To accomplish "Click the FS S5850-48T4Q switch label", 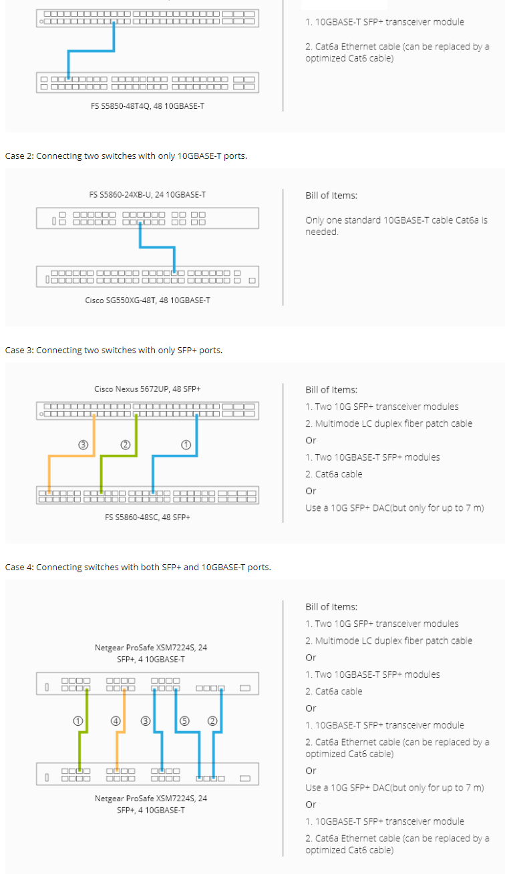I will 148,105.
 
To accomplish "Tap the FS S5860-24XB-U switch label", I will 148,194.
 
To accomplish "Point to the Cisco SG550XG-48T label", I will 148,300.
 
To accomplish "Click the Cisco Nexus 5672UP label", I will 148,389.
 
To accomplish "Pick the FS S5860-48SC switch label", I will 148,517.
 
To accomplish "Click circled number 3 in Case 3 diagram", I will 83,445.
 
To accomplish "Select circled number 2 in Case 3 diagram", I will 124,445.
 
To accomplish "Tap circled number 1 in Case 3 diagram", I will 186,445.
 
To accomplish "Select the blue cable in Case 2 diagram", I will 157,247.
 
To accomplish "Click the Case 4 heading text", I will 138,567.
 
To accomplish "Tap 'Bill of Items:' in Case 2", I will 331,196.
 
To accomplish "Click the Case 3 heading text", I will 114,350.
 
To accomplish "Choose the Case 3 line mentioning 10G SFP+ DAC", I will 394,508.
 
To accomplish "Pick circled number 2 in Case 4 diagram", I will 212,720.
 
